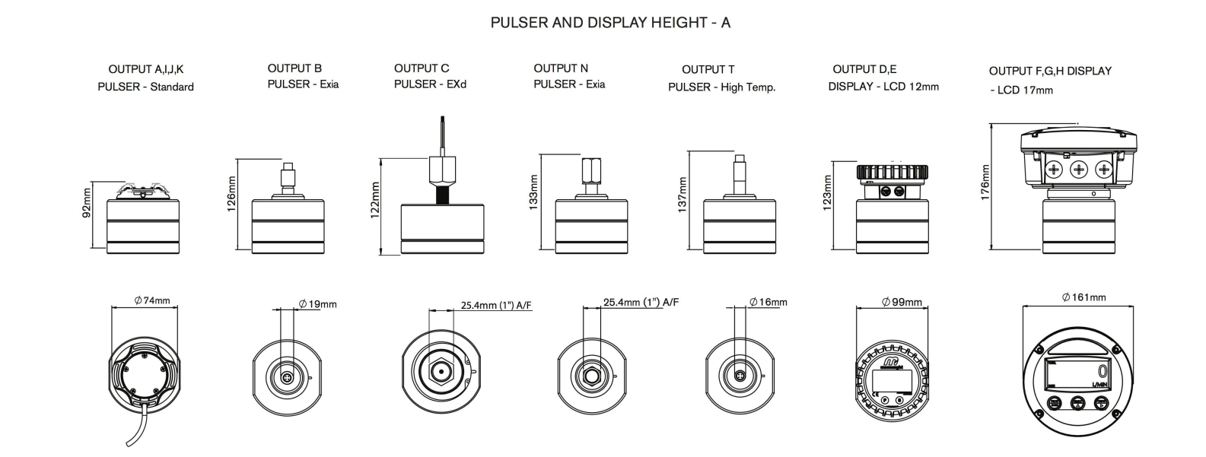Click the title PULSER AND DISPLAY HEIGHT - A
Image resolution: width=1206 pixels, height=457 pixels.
[x=609, y=23]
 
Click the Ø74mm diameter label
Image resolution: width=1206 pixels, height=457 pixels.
[x=151, y=301]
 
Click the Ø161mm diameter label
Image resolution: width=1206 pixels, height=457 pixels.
[x=1084, y=297]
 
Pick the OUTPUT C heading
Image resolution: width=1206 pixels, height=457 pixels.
[x=422, y=68]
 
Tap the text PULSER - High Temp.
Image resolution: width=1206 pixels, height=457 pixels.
[x=721, y=87]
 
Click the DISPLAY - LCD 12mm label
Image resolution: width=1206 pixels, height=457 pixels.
[x=883, y=87]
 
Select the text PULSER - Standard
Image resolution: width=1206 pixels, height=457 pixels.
[x=145, y=87]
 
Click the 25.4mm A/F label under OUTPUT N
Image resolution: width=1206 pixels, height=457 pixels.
[x=641, y=302]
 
